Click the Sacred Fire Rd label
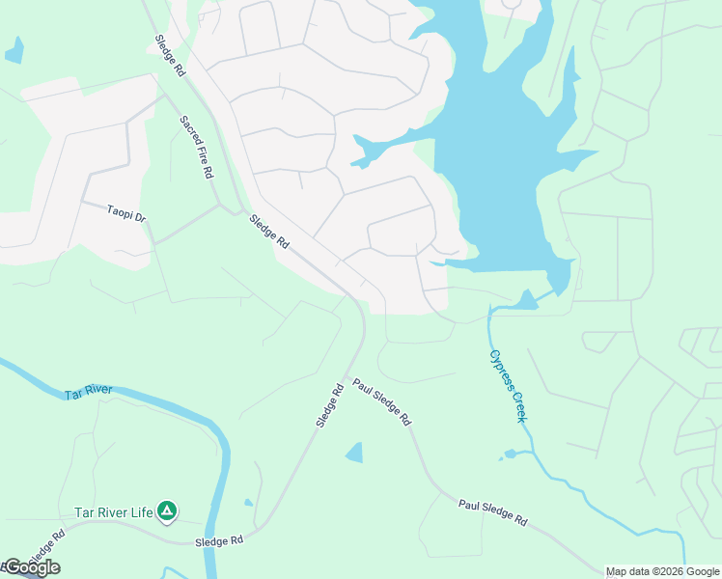pos(196,147)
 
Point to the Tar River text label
pos(89,393)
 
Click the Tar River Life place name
pos(114,512)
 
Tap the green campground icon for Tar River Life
pos(168,510)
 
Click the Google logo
pos(31,567)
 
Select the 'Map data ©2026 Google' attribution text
pos(663,571)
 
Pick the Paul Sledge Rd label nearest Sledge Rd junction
pos(381,402)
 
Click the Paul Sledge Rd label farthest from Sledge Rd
pos(492,511)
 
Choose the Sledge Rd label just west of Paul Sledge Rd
pos(329,406)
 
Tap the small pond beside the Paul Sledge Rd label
pos(354,452)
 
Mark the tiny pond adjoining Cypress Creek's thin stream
pos(511,453)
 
